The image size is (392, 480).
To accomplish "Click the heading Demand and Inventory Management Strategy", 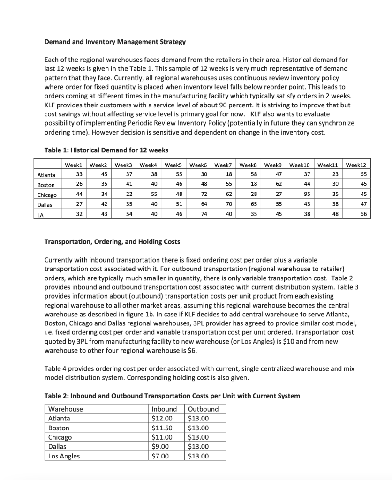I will pos(115,42).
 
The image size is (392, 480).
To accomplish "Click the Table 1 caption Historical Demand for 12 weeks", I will pos(106,150).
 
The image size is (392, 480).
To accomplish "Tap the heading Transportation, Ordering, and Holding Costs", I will pos(112,242).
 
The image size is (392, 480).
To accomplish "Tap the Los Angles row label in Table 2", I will pos(64,456).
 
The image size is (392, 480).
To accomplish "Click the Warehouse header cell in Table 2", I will pos(66,409).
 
